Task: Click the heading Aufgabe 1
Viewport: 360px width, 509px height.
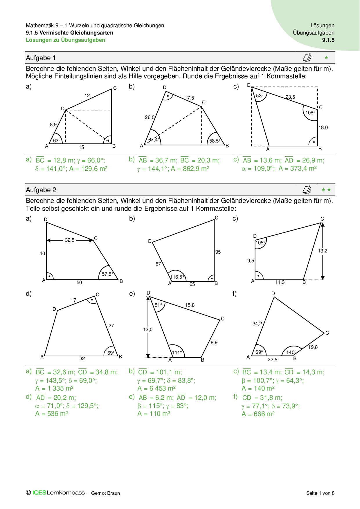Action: pyautogui.click(x=41, y=58)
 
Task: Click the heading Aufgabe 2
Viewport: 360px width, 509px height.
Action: pyautogui.click(x=41, y=190)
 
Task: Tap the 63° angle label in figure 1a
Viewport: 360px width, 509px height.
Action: pyautogui.click(x=57, y=140)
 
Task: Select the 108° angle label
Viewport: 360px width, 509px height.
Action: pyautogui.click(x=310, y=113)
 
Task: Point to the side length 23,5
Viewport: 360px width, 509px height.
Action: pyautogui.click(x=290, y=97)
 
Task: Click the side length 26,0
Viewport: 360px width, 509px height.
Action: pyautogui.click(x=150, y=117)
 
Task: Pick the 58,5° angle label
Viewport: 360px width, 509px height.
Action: pyautogui.click(x=215, y=141)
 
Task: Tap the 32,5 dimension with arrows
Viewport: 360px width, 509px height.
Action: pyautogui.click(x=70, y=240)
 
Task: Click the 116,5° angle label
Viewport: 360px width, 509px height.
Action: pyautogui.click(x=177, y=277)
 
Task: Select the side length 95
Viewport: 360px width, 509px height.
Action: pyautogui.click(x=218, y=252)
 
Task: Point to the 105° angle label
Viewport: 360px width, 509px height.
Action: pyautogui.click(x=260, y=243)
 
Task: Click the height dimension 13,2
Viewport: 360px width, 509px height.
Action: pyautogui.click(x=323, y=251)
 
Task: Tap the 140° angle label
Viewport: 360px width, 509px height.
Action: pyautogui.click(x=291, y=352)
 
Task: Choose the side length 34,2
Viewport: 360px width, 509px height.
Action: pyautogui.click(x=257, y=324)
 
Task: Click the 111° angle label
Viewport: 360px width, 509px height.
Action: pyautogui.click(x=177, y=353)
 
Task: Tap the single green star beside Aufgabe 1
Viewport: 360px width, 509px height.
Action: pyautogui.click(x=326, y=58)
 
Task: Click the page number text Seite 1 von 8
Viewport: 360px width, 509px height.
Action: pyautogui.click(x=320, y=493)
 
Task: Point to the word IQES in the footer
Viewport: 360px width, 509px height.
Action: pyautogui.click(x=39, y=493)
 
